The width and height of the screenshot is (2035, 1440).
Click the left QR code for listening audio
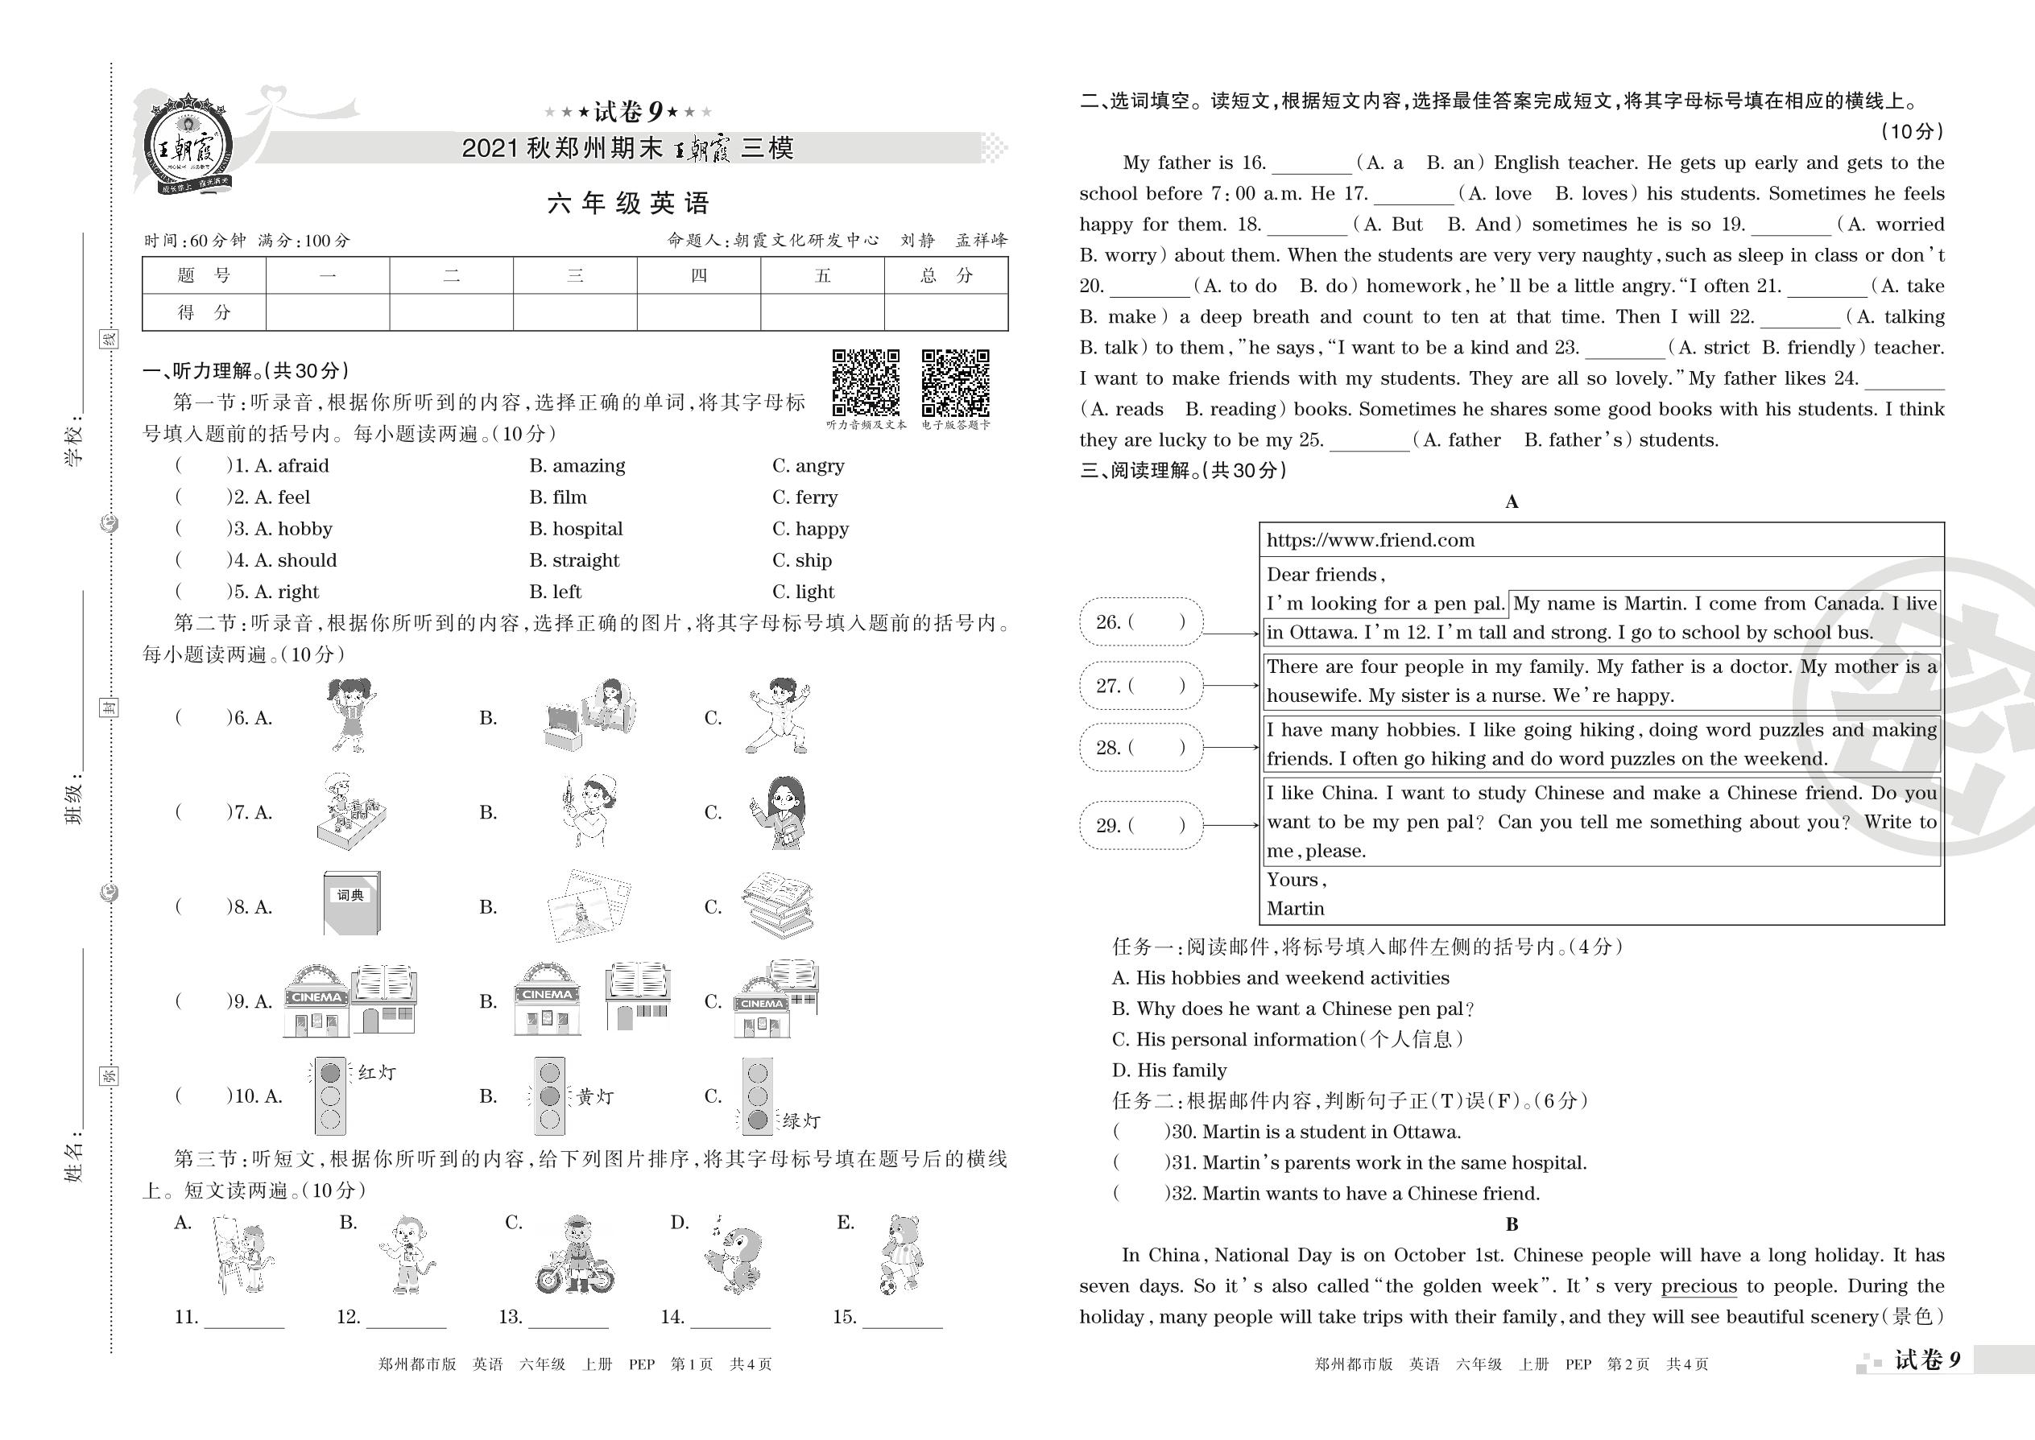866,382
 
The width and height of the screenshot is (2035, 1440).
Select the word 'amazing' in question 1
577,465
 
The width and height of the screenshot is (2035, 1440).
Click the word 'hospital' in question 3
577,529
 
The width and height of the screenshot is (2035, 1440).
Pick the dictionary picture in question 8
351,902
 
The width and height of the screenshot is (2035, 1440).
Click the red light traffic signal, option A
329,1096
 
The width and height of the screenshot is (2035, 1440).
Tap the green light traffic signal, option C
758,1096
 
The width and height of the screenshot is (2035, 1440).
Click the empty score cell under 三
575,312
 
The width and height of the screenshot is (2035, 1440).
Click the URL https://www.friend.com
1371,540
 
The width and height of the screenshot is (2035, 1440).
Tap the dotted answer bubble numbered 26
1141,621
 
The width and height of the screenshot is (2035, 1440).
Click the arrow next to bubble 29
1231,826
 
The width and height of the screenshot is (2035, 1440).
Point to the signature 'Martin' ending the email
1295,909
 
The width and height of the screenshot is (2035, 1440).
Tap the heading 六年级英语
628,204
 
